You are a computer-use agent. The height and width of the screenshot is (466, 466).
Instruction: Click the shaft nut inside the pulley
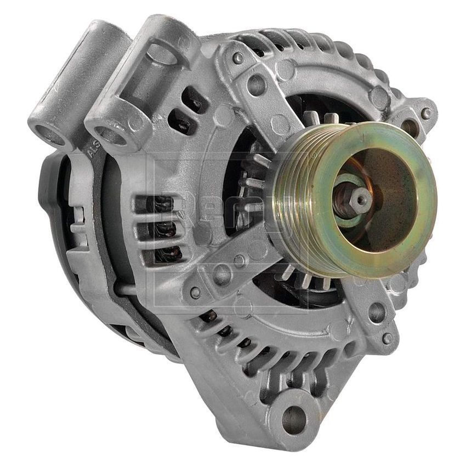359,200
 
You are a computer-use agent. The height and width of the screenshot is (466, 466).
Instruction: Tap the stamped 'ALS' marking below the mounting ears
93,154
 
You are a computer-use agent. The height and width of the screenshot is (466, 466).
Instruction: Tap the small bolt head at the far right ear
426,113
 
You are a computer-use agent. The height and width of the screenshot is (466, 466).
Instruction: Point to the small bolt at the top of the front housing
237,58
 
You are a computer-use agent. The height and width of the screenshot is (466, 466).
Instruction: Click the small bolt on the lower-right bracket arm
388,338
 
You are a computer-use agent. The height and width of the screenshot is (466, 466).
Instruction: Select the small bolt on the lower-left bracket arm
195,293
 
